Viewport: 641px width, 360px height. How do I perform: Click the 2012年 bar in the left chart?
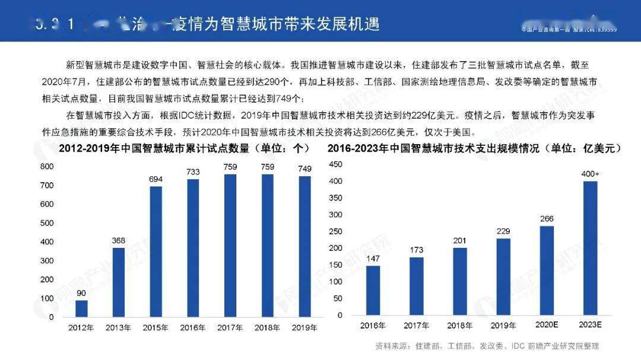coord(81,308)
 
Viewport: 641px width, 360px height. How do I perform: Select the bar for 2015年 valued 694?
coord(156,251)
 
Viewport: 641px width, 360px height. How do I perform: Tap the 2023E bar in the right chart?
coord(590,249)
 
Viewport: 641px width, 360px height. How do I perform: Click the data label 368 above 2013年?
coord(119,240)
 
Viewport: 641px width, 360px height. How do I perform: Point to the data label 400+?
coord(590,173)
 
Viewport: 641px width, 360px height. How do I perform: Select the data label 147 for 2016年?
coord(373,259)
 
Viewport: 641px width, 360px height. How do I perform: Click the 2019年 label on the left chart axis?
coord(305,327)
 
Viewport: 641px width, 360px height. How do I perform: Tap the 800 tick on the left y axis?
coord(47,167)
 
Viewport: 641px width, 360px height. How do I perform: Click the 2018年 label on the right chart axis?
coord(459,325)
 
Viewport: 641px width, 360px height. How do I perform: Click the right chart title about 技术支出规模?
coord(474,149)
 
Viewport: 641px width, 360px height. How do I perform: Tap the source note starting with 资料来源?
coord(487,346)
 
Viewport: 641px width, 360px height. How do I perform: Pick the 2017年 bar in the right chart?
coord(416,286)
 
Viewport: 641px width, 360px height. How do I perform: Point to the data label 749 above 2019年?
coord(305,169)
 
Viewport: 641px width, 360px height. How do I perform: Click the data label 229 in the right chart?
coord(503,231)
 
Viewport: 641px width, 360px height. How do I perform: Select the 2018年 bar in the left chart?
coord(268,246)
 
